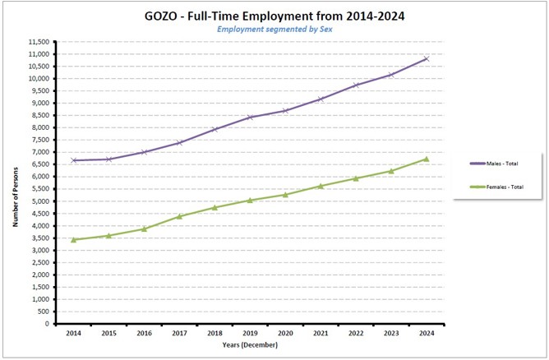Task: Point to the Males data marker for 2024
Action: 426,58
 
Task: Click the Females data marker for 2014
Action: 74,239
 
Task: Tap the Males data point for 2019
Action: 250,117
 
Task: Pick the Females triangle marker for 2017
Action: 179,216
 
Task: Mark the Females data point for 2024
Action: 426,159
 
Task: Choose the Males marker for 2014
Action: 74,160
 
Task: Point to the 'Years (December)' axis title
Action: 250,345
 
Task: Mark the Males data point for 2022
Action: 356,85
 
